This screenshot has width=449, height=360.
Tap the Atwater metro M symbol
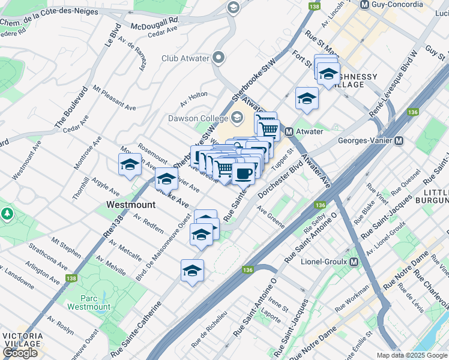click(x=289, y=131)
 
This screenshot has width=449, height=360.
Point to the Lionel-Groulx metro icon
click(x=354, y=262)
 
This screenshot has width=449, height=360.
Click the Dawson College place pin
click(x=237, y=117)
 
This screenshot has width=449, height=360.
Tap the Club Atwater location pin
click(x=218, y=58)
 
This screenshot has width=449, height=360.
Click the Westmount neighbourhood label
click(x=131, y=205)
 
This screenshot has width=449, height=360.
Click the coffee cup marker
click(x=243, y=174)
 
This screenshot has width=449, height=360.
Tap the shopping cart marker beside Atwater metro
click(x=268, y=128)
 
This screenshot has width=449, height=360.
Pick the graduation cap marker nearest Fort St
click(x=307, y=98)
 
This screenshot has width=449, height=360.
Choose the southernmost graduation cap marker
click(x=192, y=270)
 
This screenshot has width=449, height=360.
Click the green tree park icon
click(x=7, y=214)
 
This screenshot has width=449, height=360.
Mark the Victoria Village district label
click(x=22, y=340)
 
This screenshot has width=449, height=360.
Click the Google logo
click(x=20, y=353)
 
